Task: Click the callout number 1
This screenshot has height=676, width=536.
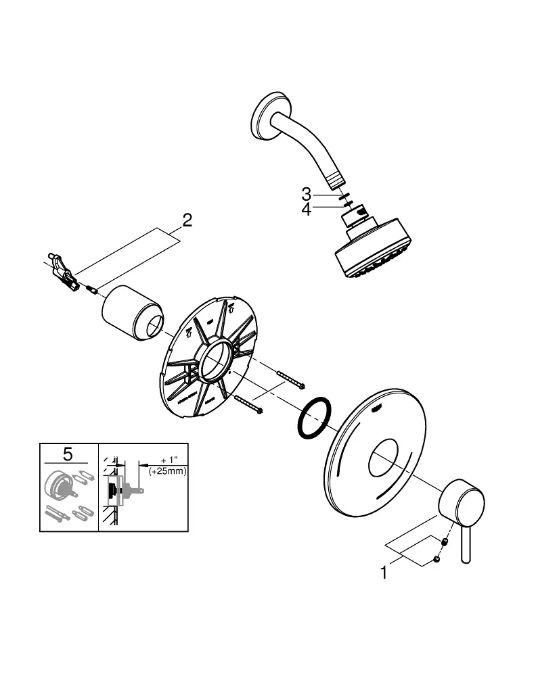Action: [384, 573]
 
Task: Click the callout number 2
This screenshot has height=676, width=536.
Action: [187, 220]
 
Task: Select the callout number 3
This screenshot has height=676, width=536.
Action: [306, 195]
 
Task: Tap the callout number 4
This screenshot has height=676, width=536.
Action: [306, 210]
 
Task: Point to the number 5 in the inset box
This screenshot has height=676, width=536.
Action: [68, 454]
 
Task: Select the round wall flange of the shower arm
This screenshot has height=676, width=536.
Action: [263, 116]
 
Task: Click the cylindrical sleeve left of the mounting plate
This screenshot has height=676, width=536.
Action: [133, 312]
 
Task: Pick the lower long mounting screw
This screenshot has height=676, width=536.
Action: [249, 404]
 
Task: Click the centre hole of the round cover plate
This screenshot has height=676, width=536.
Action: [383, 458]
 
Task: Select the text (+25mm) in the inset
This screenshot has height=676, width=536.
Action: [168, 471]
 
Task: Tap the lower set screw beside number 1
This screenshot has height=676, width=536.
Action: [437, 560]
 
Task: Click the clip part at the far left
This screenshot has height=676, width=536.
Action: [63, 272]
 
